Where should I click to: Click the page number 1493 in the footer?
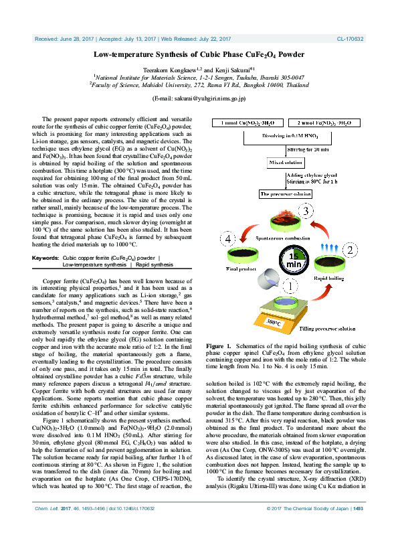[x=358, y=528]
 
